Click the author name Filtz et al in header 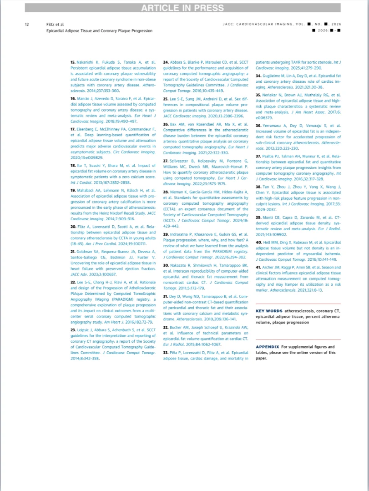(56, 24)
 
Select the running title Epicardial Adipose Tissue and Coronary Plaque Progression (99, 31)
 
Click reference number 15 (73, 61)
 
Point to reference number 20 (73, 226)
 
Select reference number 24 (166, 61)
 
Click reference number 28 (166, 193)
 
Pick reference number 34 (258, 75)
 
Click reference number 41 (258, 267)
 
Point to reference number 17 (73, 129)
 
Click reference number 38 (258, 187)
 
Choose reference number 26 (166, 124)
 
